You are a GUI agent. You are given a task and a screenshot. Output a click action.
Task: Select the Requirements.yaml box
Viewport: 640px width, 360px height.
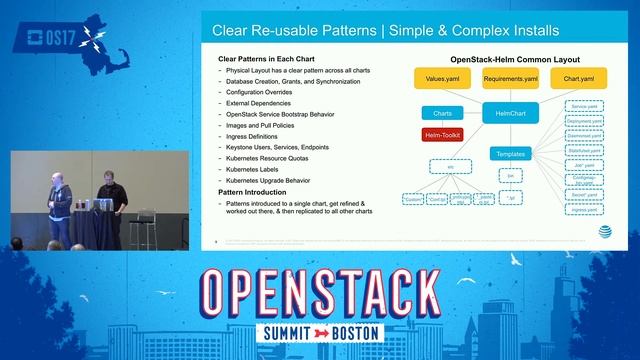click(511, 77)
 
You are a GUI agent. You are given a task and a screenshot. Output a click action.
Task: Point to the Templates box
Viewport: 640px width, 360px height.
click(511, 154)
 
